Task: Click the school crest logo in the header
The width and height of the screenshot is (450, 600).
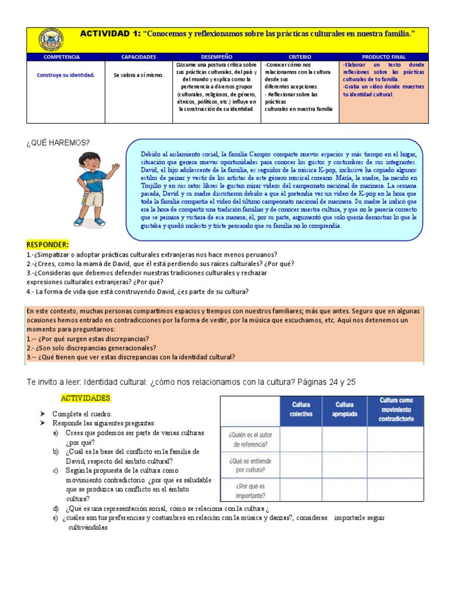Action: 51,39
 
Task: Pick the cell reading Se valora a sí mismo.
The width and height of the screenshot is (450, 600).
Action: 138,75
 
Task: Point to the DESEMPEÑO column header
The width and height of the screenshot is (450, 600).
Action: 216,57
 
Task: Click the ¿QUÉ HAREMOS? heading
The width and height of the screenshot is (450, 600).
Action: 58,142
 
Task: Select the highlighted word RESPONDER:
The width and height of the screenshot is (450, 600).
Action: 47,244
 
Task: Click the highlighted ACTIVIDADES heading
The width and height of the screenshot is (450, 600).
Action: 86,398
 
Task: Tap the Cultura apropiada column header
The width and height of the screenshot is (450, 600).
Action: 345,409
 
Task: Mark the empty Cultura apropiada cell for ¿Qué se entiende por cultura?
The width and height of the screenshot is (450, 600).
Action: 345,465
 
